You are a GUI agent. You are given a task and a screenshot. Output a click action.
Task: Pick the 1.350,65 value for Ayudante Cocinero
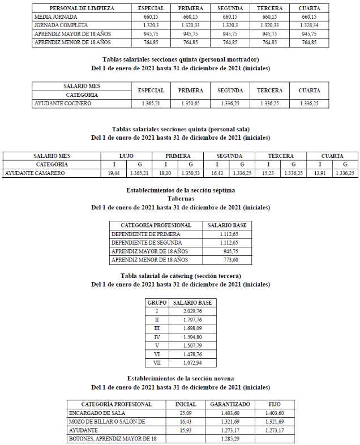click(x=190, y=104)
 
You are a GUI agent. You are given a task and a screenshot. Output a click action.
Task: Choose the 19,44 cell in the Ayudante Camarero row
click(x=113, y=173)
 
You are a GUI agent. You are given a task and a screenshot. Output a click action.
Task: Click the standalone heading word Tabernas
click(x=181, y=199)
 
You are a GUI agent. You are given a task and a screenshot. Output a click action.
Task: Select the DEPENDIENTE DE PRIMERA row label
click(x=146, y=234)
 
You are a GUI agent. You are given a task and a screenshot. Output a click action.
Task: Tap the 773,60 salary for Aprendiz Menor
click(x=231, y=260)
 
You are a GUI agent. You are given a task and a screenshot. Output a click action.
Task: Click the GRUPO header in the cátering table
click(x=157, y=303)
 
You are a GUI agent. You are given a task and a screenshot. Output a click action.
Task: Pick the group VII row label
click(x=157, y=362)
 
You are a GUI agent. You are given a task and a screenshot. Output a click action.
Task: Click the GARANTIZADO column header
click(x=230, y=404)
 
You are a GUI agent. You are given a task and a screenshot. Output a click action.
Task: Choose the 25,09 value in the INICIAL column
click(x=186, y=413)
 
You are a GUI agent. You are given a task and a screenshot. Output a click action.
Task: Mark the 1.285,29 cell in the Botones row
click(x=230, y=439)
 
